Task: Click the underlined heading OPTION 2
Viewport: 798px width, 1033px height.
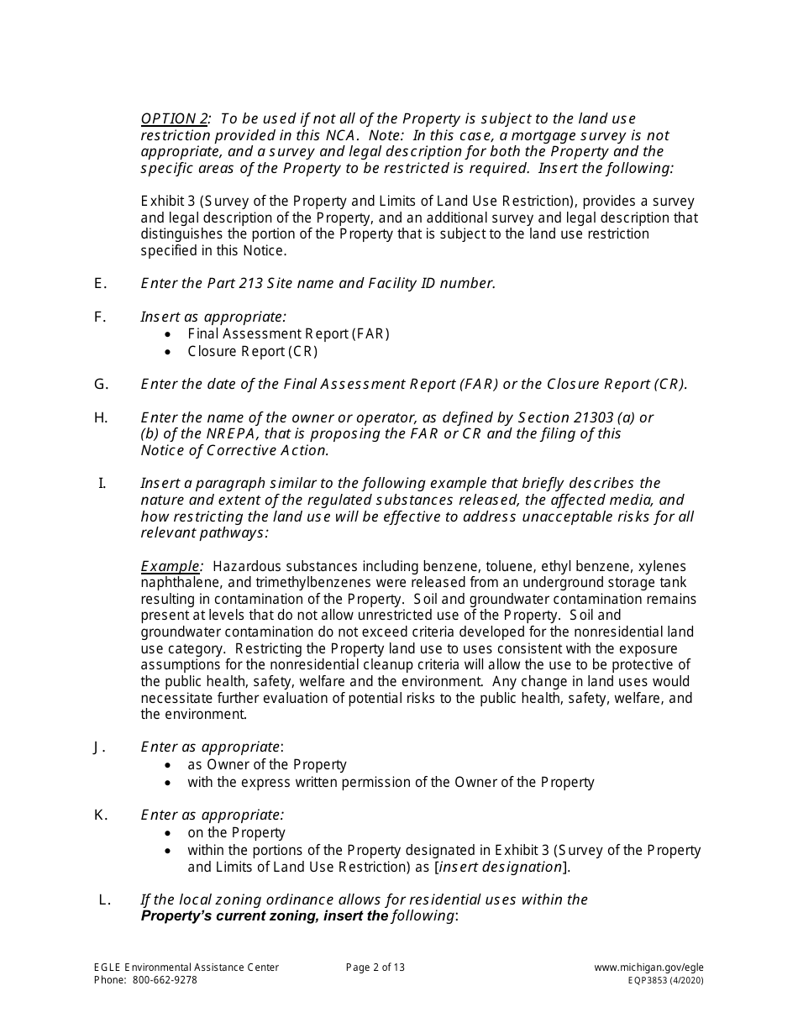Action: point(176,118)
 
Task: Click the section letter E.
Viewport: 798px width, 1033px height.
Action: point(100,283)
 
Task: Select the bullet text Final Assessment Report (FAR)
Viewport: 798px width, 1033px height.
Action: point(288,333)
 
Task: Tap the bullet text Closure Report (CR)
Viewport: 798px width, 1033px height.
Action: point(252,351)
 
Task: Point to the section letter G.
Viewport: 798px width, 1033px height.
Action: point(101,384)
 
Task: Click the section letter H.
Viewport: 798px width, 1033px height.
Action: point(101,417)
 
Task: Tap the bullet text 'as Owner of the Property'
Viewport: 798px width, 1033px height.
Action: point(266,764)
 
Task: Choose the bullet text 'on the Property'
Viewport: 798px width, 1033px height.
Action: point(236,832)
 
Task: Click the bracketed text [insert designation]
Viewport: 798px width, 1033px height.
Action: point(501,866)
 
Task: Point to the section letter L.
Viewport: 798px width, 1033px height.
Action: point(104,899)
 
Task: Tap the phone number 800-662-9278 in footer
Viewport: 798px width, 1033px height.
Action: point(165,980)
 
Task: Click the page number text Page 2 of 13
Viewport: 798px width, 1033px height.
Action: point(375,967)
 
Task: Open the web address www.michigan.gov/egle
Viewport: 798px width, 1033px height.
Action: point(648,967)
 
